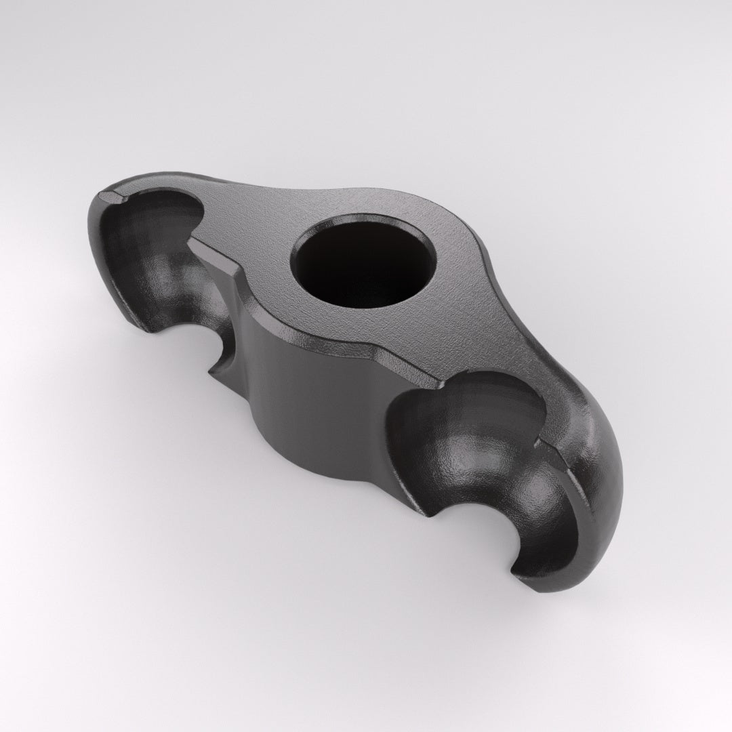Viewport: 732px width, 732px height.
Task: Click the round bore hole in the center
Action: [x=363, y=261]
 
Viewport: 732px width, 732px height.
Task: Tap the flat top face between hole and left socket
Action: [x=251, y=230]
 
